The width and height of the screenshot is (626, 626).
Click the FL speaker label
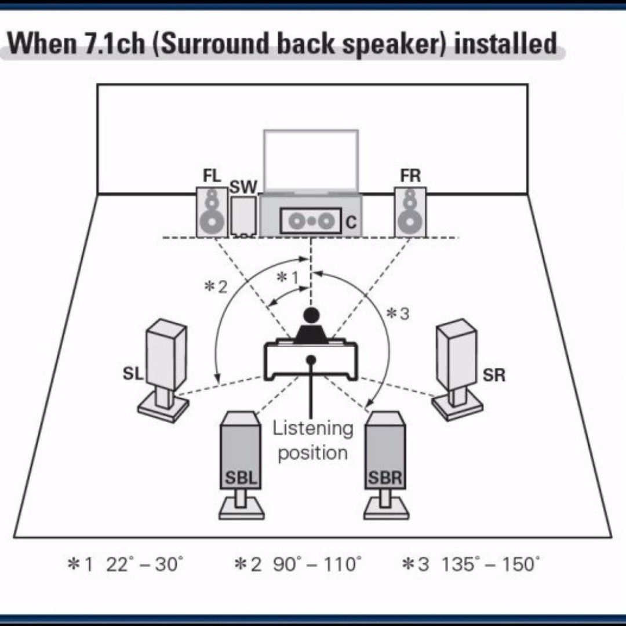212,176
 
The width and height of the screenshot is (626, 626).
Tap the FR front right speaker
410,212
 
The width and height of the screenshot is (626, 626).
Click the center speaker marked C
311,221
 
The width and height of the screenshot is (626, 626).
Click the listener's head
311,315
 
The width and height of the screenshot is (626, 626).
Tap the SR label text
494,375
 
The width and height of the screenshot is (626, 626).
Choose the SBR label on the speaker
385,479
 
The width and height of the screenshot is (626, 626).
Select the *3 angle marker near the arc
398,314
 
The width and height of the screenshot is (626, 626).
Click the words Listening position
313,441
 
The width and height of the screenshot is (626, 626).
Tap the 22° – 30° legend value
145,564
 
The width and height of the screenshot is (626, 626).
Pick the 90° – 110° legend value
316,564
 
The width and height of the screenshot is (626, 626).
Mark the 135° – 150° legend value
490,564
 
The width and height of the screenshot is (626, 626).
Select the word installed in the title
505,44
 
